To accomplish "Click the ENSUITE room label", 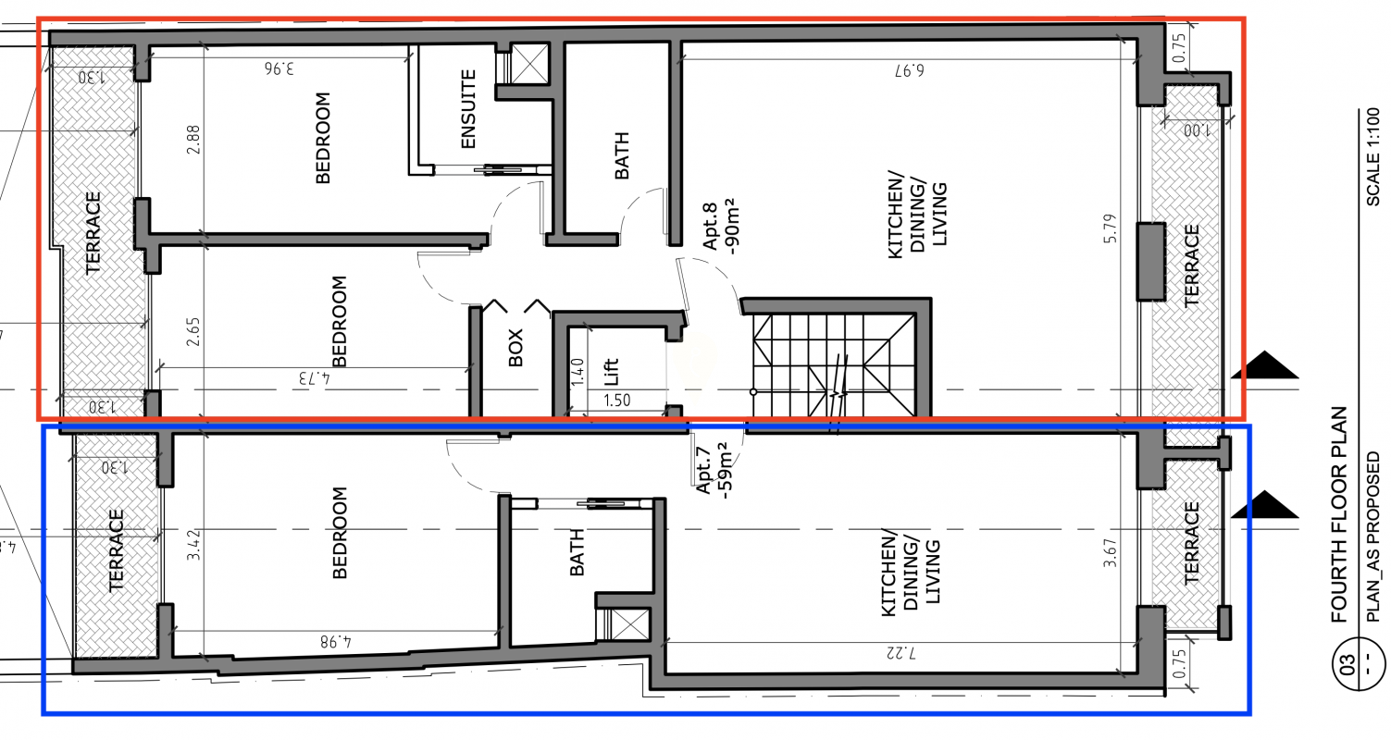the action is [468, 108].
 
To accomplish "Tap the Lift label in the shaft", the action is [611, 371].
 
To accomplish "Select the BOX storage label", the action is [515, 348].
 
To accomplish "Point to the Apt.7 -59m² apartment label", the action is [714, 470].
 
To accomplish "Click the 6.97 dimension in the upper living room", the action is [909, 69].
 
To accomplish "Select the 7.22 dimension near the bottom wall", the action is [900, 652].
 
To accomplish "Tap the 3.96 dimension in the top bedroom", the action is [279, 68].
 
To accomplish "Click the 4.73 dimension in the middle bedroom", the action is [315, 378].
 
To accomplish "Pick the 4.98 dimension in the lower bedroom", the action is [335, 641].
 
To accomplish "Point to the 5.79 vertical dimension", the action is [1111, 228].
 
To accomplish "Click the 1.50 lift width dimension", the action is [616, 400].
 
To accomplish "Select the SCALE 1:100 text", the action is [1373, 157].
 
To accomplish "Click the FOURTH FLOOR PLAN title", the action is [1339, 514].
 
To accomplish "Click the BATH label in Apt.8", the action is [621, 155].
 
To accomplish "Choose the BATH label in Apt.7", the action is [577, 552].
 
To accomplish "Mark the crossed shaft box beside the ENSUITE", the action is [529, 63].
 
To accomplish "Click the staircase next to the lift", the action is [834, 365].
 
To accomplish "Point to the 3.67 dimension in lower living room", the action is [1111, 552].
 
